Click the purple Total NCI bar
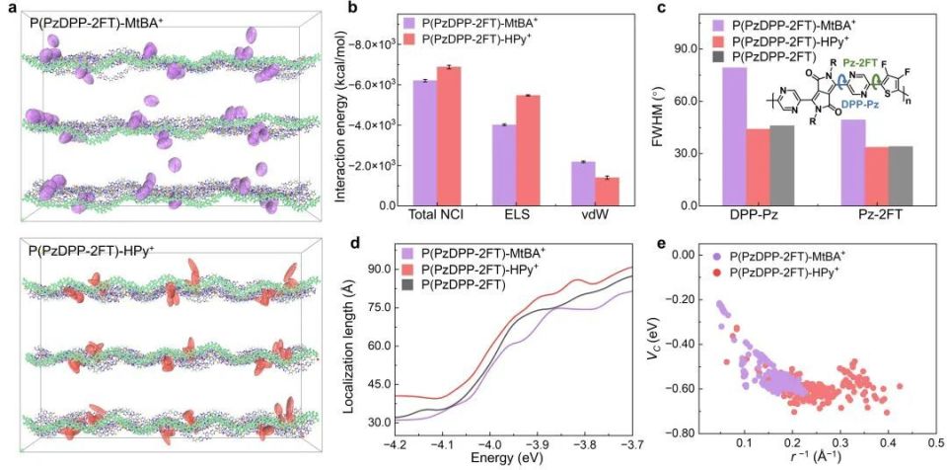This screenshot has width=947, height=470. coord(424,142)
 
